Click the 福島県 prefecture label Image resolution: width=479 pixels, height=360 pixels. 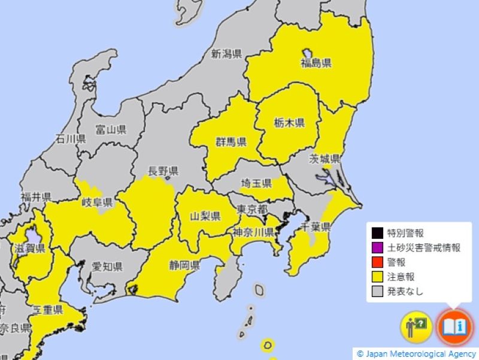coord(316,63)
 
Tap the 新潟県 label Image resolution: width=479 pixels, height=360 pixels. coord(226,55)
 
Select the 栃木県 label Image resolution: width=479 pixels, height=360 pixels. coord(290,123)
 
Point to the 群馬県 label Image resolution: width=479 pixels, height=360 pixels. coord(232,142)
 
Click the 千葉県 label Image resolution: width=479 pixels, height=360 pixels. coord(316,227)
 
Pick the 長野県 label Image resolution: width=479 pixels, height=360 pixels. coord(163,171)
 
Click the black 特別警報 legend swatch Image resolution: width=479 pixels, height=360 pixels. coord(377,234)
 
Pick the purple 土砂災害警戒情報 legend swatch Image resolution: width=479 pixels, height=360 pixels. coord(377,248)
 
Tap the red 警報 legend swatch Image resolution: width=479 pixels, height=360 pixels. coord(377,262)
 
